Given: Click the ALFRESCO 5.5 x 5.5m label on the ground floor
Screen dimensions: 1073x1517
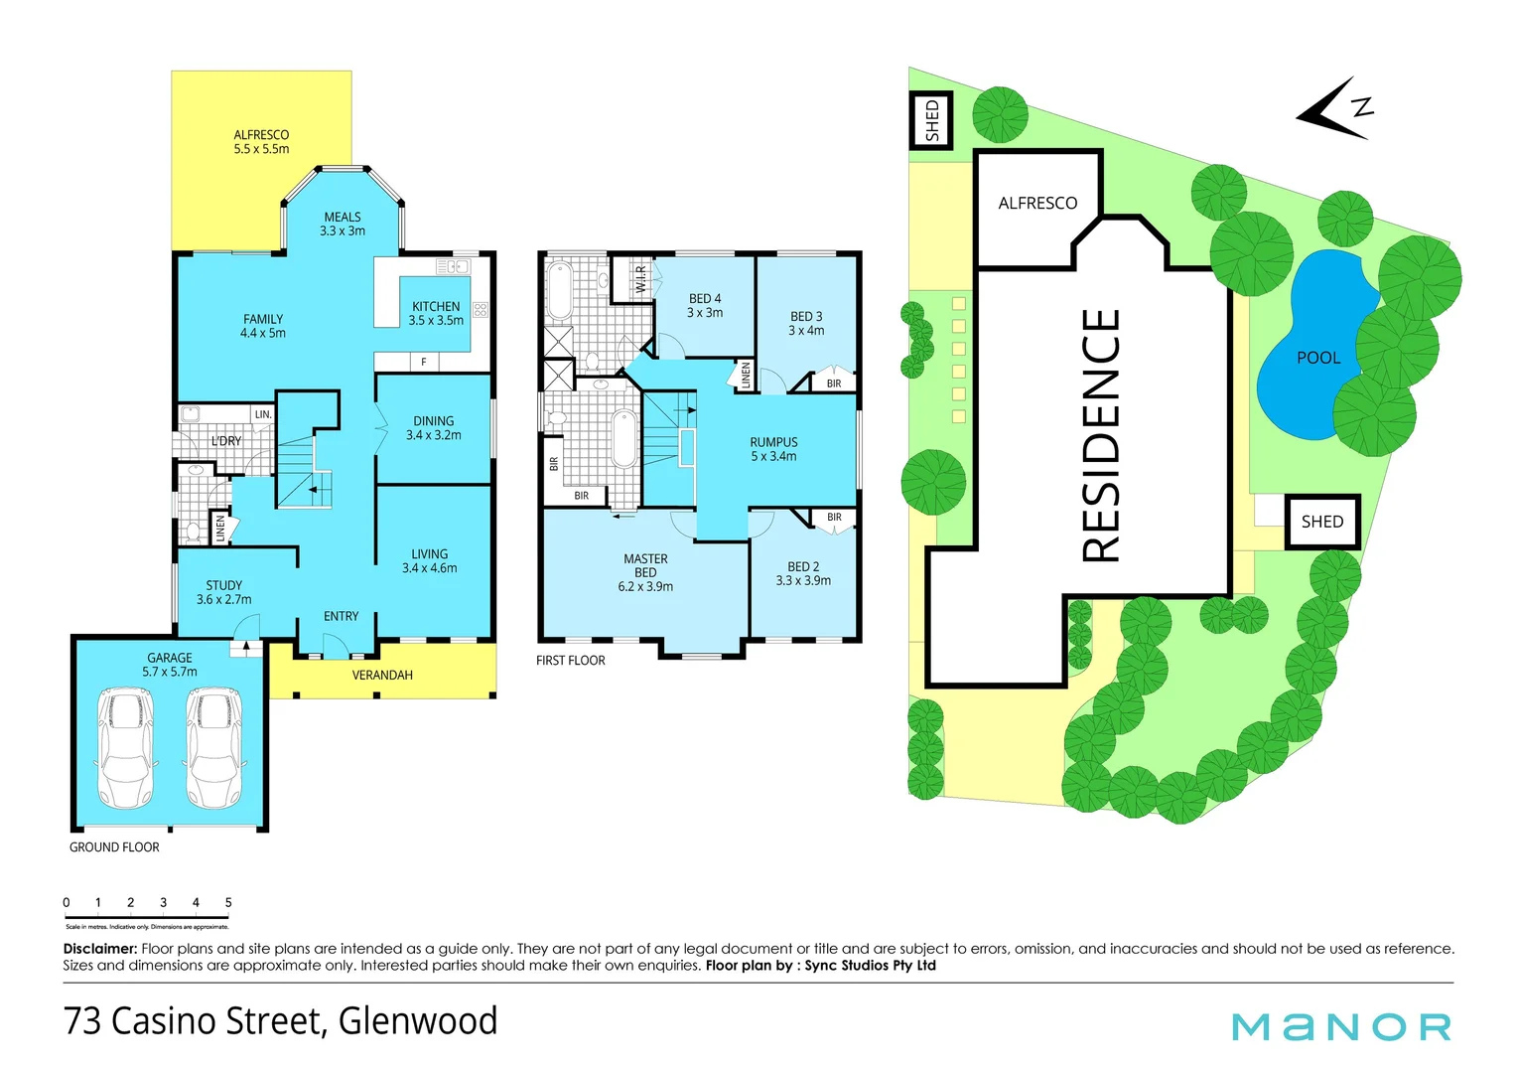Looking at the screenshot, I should click(x=261, y=142).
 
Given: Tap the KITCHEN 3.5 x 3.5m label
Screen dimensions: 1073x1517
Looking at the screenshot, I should click(x=436, y=313).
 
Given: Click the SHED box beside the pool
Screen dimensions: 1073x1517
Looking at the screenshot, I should click(x=1321, y=522).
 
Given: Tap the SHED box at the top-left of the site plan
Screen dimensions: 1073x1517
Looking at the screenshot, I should click(x=931, y=120).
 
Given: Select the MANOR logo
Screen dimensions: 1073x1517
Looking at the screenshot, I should click(x=1340, y=1026).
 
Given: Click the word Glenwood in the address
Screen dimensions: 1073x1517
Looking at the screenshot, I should click(x=418, y=1021).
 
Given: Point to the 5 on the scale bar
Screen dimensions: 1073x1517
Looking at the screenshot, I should click(x=228, y=903).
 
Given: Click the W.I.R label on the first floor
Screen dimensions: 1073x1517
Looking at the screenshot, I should click(x=640, y=278).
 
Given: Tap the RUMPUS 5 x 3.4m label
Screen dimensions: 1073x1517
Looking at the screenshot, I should click(x=773, y=449).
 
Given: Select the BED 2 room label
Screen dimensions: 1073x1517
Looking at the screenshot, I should click(x=803, y=573).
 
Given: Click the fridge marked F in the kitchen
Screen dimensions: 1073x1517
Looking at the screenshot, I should click(x=424, y=362).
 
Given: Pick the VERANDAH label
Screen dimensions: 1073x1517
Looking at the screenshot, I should click(x=382, y=676).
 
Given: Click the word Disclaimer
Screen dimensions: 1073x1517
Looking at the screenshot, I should click(x=99, y=949).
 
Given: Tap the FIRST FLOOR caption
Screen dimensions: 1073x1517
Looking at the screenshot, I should click(x=570, y=661).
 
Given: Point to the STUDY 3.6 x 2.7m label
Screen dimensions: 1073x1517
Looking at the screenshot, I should click(x=223, y=592).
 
